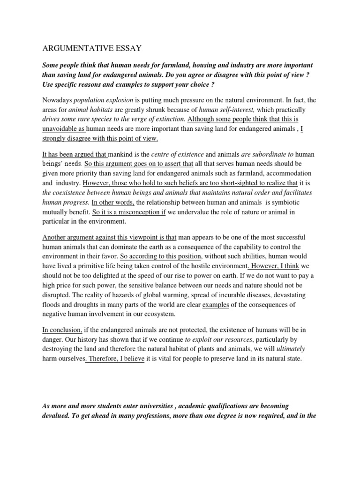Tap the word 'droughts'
click(80, 305)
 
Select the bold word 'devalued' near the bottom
click(57, 416)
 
